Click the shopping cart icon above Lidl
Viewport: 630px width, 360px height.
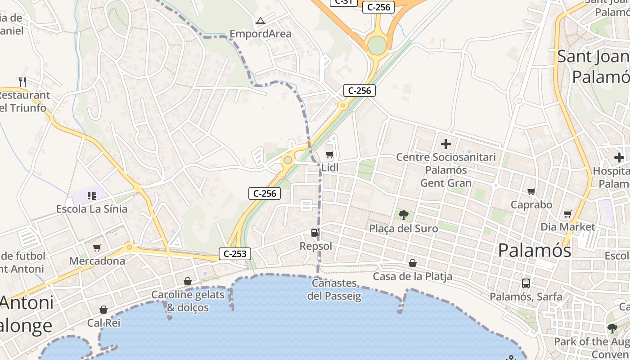click(x=330, y=155)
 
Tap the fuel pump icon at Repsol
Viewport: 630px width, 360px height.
click(x=315, y=233)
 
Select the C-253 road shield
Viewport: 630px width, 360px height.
click(x=235, y=254)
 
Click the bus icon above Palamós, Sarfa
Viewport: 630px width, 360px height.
click(x=526, y=283)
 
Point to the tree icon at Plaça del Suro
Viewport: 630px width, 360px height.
click(x=403, y=215)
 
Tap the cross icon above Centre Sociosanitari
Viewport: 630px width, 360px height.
click(x=446, y=144)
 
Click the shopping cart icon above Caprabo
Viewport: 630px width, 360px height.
click(x=531, y=192)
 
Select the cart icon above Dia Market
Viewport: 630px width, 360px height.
click(x=567, y=214)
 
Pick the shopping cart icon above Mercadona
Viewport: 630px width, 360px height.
click(x=97, y=247)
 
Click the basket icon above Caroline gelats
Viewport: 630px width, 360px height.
click(x=188, y=282)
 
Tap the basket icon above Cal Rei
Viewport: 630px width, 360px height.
click(x=103, y=310)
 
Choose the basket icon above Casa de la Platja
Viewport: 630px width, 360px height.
click(x=412, y=263)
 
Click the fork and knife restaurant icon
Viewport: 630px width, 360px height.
click(x=22, y=81)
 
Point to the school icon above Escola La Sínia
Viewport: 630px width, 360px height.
click(x=92, y=195)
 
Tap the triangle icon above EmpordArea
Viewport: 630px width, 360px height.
click(x=260, y=21)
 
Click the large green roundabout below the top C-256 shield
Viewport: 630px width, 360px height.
click(x=377, y=45)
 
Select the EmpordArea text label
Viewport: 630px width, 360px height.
click(x=260, y=34)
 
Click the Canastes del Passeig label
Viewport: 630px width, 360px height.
click(x=334, y=290)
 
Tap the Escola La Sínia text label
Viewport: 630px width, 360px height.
click(x=91, y=209)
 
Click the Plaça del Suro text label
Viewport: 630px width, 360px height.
click(x=403, y=228)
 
